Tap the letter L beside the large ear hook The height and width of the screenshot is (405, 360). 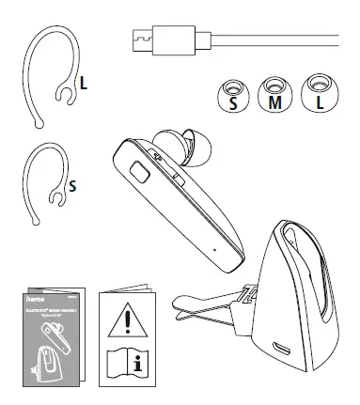pos(84,84)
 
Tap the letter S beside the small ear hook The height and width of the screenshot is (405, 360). pos(72,185)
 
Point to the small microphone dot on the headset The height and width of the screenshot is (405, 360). pos(214,250)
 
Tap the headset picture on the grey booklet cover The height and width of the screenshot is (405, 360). pos(51,330)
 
